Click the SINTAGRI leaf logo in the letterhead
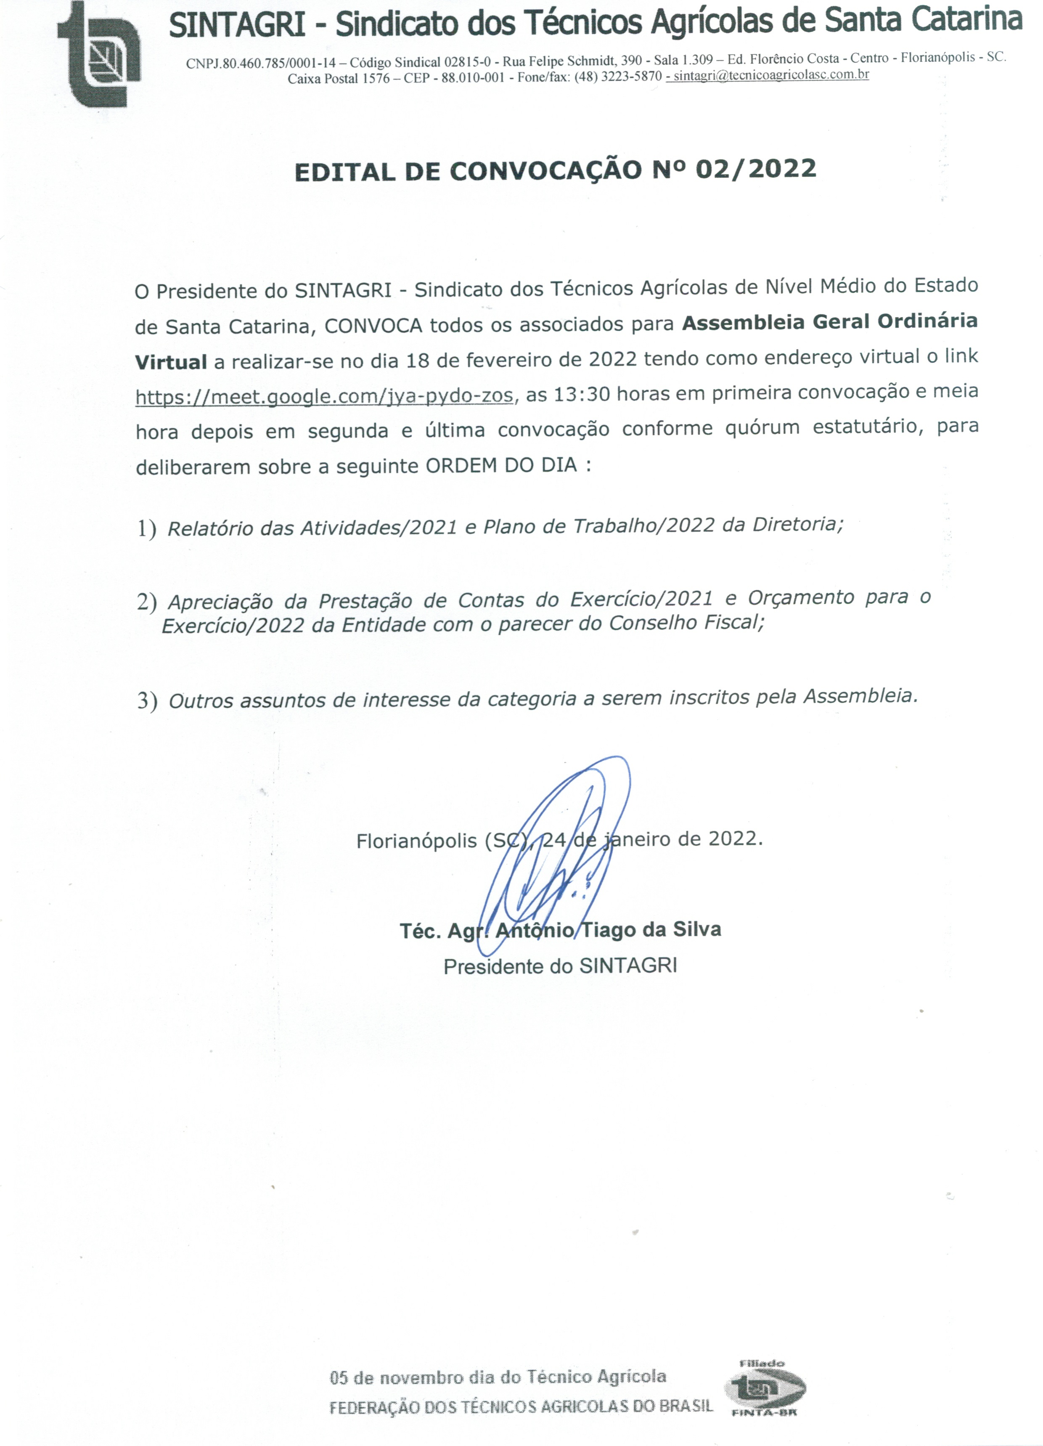[99, 54]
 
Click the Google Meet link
[324, 397]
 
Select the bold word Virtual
[171, 362]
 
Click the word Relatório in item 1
[210, 528]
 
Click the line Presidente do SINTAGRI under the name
[560, 966]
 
